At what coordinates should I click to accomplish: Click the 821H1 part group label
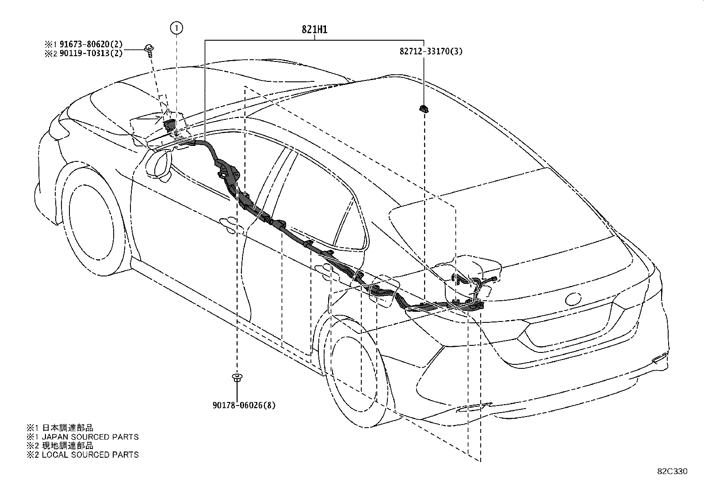coord(314,30)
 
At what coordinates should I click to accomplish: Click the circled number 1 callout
coord(176,28)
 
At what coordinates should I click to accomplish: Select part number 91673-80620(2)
coord(91,44)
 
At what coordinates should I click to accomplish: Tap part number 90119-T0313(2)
coord(91,53)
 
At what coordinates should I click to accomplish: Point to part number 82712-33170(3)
coord(431,51)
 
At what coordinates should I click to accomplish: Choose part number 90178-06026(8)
coord(244,405)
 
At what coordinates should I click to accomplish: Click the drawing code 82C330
coord(672,471)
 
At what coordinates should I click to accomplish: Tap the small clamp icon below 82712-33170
coord(424,109)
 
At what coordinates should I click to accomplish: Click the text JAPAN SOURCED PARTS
coord(90,437)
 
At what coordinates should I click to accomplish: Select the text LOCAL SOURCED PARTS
coord(90,455)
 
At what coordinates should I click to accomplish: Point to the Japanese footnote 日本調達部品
coord(68,428)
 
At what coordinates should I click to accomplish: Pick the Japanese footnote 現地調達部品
coord(68,446)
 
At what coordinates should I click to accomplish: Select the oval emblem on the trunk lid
coord(573,299)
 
